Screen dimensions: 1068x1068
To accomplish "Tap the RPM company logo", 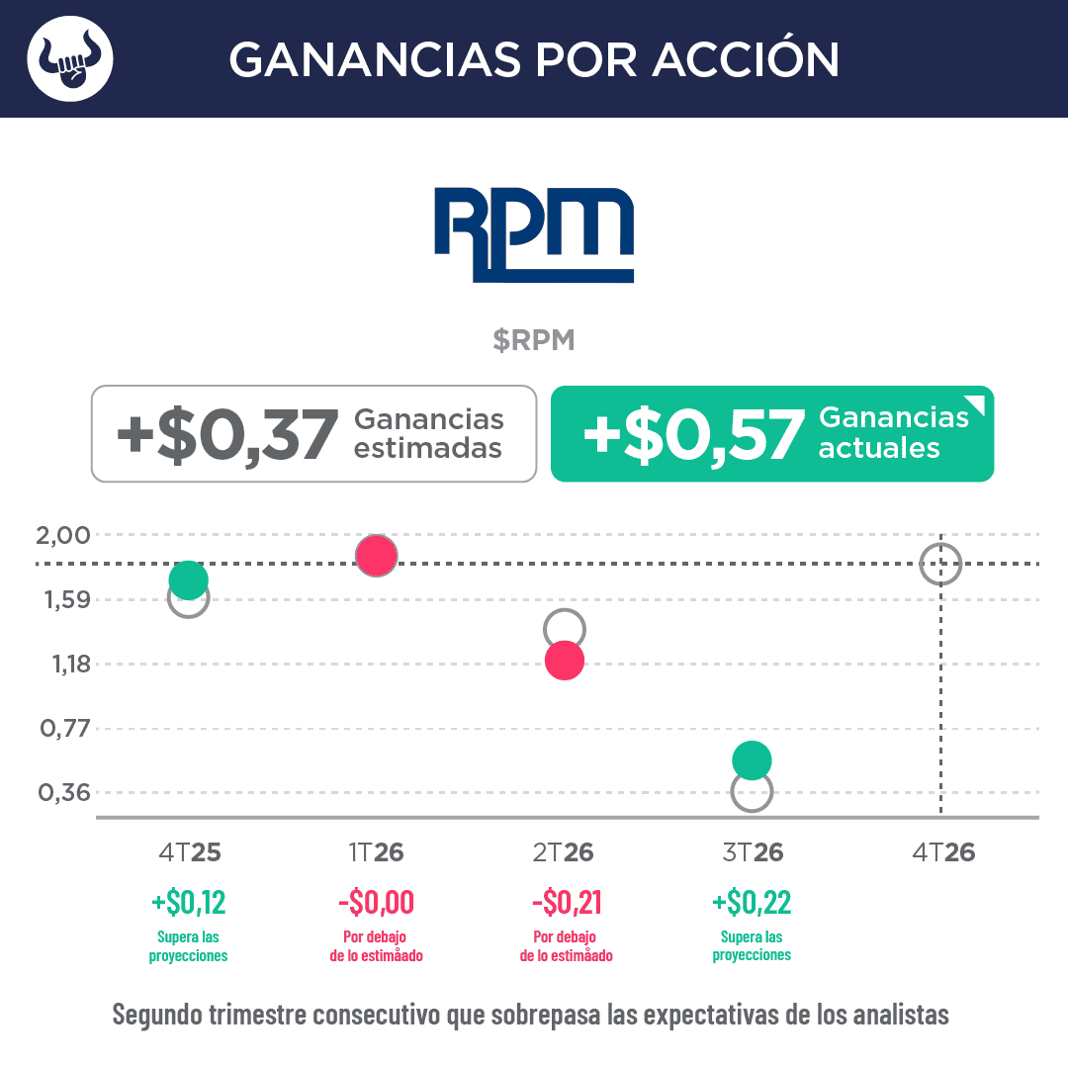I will coord(534,234).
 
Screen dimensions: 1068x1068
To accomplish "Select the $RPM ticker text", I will coord(534,340).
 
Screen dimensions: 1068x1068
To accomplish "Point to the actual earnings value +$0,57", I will coord(693,435).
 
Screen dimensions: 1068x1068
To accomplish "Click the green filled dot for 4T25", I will coord(188,579).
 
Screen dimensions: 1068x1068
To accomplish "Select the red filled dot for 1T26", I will coord(377,556).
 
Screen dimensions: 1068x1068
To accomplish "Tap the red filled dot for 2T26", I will coord(565,660).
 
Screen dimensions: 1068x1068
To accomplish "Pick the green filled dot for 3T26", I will coord(752,760).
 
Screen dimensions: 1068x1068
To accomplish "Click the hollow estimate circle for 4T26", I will coord(940,564).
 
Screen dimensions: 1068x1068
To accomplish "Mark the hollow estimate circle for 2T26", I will coord(565,628).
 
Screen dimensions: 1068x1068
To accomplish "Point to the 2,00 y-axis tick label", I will coord(62,535).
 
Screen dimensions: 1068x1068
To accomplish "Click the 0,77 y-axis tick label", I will coord(62,729).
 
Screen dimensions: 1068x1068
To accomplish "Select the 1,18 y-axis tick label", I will coord(62,665).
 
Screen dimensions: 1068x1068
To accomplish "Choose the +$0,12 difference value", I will coord(188,902).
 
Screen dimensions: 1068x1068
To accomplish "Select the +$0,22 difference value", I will coord(752,902).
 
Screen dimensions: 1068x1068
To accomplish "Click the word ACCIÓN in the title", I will coord(746,59).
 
